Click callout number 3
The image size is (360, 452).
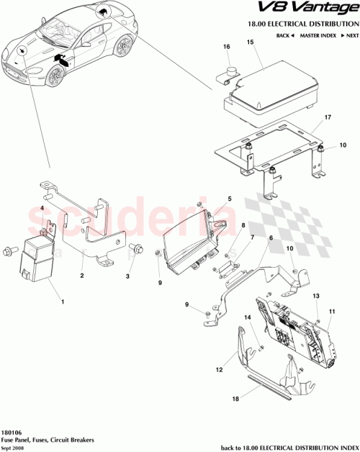[127, 276]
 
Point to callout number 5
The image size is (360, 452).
[230, 199]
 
